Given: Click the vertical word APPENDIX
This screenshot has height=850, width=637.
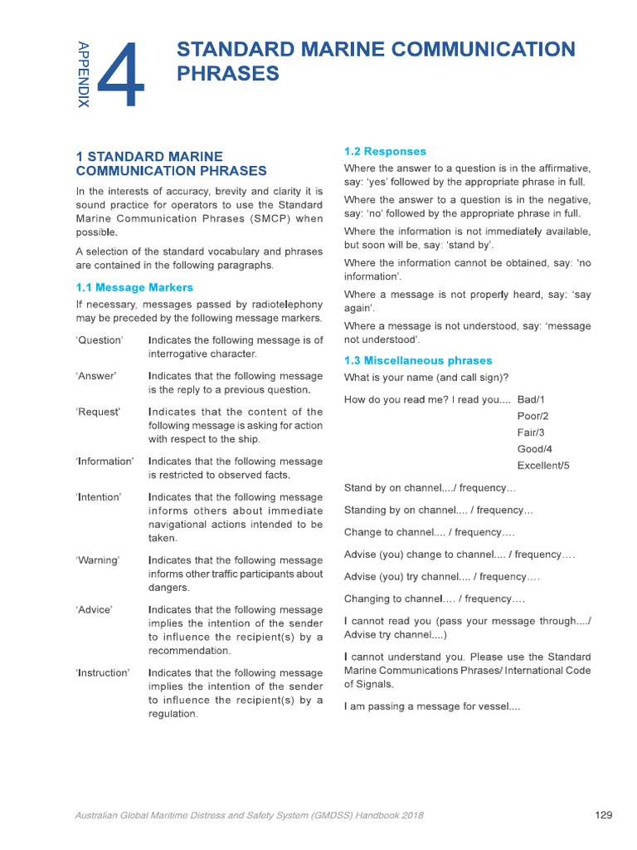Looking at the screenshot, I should [x=83, y=74].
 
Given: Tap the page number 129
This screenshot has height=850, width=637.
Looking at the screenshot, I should [x=604, y=815].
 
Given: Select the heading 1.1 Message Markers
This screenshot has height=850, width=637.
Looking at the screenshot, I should [x=134, y=288].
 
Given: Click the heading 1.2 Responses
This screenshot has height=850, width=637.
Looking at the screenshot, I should [x=385, y=152].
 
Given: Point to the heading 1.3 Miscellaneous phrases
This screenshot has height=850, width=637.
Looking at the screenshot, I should [x=418, y=361].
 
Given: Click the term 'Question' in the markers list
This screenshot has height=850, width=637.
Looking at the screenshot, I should [x=100, y=340].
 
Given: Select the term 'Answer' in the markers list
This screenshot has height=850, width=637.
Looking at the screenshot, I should [x=96, y=376].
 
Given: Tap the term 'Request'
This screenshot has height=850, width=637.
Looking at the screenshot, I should [x=98, y=412].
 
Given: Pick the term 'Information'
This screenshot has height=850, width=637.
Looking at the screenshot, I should [x=105, y=462].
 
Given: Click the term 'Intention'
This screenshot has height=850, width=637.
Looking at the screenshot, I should [x=99, y=497].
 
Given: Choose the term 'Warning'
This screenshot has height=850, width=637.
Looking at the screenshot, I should [x=97, y=560].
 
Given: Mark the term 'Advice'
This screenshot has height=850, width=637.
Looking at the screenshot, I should [x=94, y=610].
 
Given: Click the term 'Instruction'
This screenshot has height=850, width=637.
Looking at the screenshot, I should [x=102, y=673].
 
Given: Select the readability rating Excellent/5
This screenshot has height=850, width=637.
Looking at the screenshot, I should [x=543, y=466].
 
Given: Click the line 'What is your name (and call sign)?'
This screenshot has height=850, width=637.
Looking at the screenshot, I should [x=426, y=378].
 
